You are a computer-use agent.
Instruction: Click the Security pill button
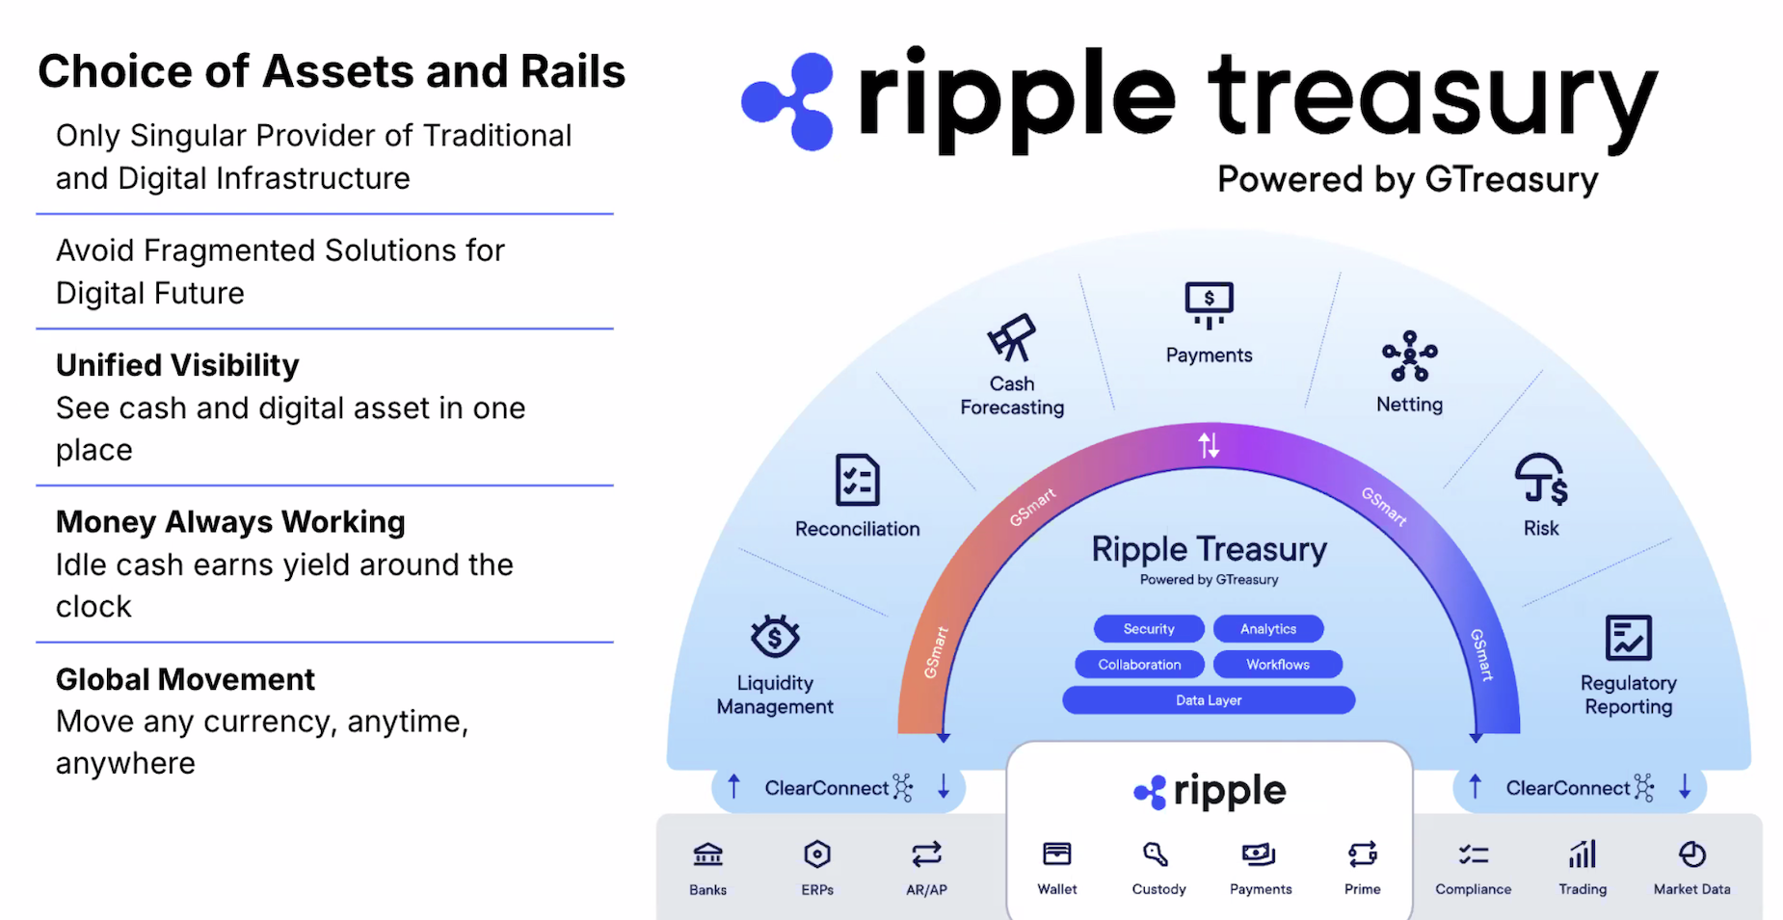coord(1149,629)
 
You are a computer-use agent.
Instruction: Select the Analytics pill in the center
coord(1268,629)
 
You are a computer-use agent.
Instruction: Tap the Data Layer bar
coord(1209,700)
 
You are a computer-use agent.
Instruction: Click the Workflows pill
coord(1278,665)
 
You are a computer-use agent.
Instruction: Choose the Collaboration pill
coord(1139,665)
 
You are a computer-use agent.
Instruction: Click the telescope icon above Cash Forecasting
coord(1011,338)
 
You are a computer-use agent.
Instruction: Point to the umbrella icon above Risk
coord(1540,479)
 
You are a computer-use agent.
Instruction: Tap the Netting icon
coord(1409,356)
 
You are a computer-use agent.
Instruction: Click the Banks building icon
coord(707,854)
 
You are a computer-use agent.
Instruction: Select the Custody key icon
coord(1156,854)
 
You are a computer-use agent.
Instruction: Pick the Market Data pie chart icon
coord(1691,854)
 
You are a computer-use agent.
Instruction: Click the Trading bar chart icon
coord(1583,854)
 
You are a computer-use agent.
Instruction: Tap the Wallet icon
coord(1057,854)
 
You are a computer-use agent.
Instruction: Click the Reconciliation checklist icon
coord(857,480)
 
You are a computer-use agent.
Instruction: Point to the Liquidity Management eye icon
coord(775,637)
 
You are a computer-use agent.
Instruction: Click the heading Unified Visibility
coord(177,366)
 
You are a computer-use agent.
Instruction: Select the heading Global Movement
coord(185,680)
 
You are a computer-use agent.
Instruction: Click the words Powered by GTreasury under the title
coord(1407,180)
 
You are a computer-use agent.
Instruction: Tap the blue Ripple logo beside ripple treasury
coord(788,101)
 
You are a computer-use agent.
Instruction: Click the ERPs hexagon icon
coord(817,854)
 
